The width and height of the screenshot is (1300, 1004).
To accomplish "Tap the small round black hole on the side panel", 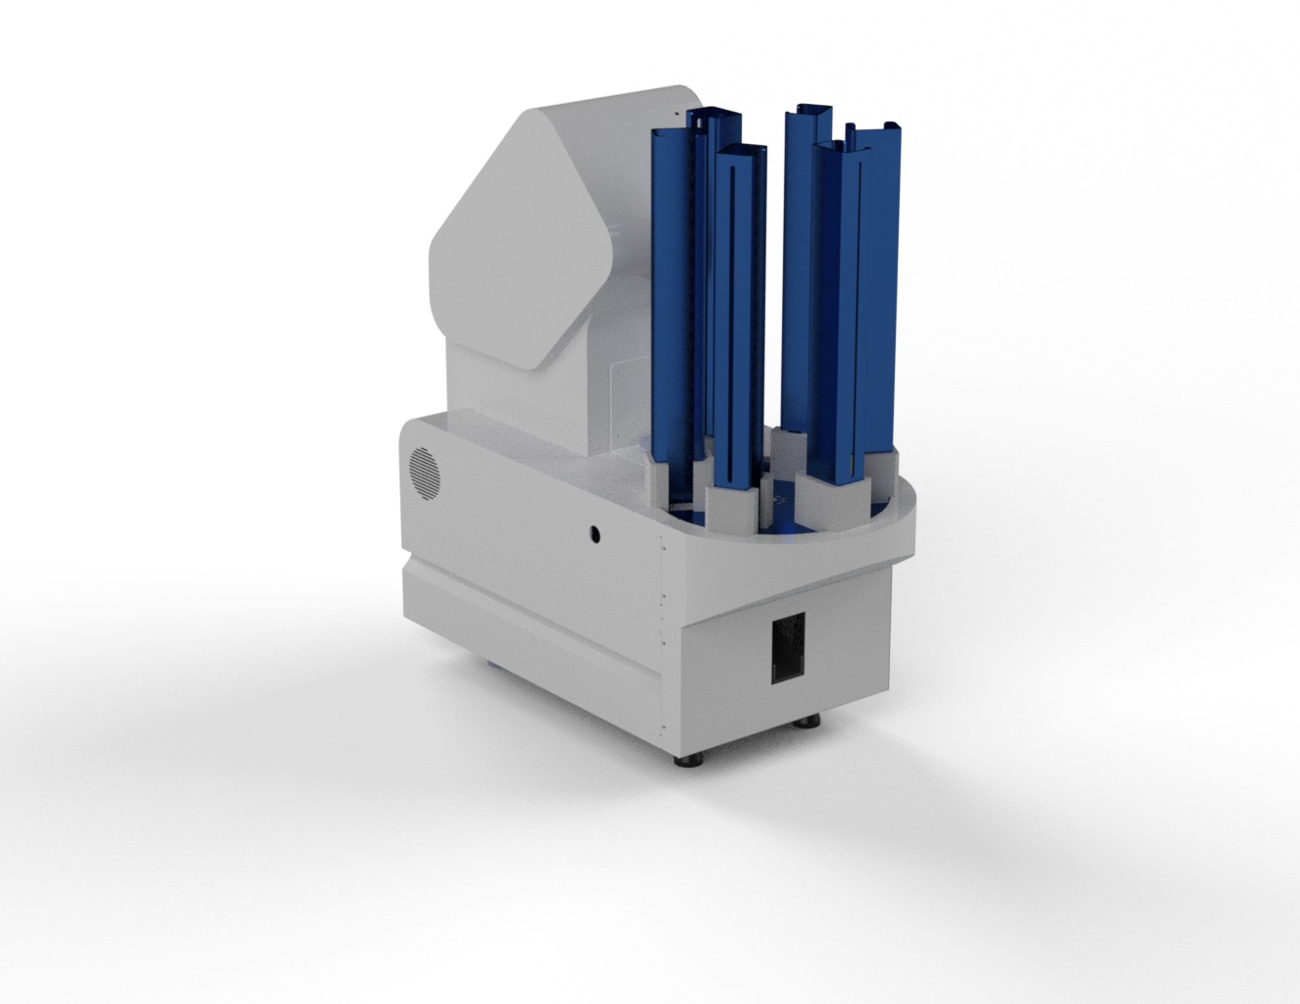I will [594, 534].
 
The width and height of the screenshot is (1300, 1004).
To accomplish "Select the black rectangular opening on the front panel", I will [787, 647].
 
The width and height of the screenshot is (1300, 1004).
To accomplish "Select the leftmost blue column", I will [675, 294].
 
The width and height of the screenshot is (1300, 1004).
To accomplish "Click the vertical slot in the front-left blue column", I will [734, 324].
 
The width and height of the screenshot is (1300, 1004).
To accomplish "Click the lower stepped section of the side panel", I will [530, 627].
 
